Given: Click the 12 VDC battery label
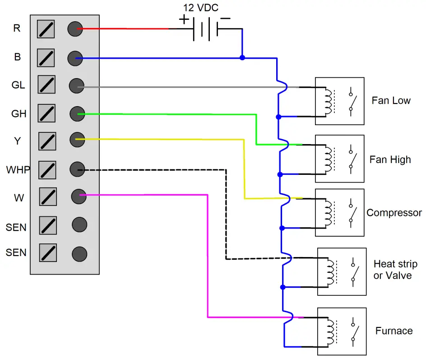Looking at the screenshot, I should pos(201,8).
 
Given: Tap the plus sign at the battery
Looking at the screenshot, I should pos(184,19).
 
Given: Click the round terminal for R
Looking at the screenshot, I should pos(75,29).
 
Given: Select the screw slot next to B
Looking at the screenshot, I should pos(46,57).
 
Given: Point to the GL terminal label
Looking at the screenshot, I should pos(18,85).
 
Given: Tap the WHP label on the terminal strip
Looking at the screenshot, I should pos(18,170).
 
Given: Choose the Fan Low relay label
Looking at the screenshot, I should pos(391,100).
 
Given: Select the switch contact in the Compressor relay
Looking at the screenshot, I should pos(351,213).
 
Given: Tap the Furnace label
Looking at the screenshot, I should pos(394,331).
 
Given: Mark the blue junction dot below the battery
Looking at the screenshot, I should pos(242,58).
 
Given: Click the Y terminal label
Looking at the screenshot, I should pos(17,141).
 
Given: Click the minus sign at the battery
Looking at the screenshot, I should pos(226,19).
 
